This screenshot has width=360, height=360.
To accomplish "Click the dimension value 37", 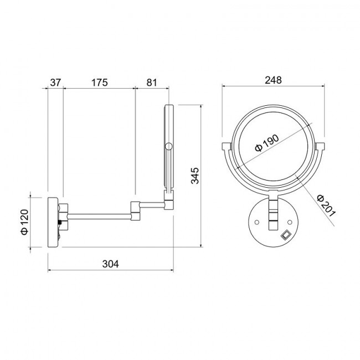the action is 55,83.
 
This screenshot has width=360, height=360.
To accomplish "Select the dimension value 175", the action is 99,83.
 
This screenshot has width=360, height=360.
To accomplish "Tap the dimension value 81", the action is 152,83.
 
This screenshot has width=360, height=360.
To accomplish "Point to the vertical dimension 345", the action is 195,176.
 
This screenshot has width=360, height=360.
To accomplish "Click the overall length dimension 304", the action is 111,264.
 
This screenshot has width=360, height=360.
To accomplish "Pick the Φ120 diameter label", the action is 24,222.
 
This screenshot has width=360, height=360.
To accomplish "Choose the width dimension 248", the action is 273,80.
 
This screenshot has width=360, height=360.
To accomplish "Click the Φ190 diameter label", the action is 268,143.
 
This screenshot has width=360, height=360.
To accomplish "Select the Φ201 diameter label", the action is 326,205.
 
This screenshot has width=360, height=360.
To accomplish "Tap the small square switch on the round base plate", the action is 286,235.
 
